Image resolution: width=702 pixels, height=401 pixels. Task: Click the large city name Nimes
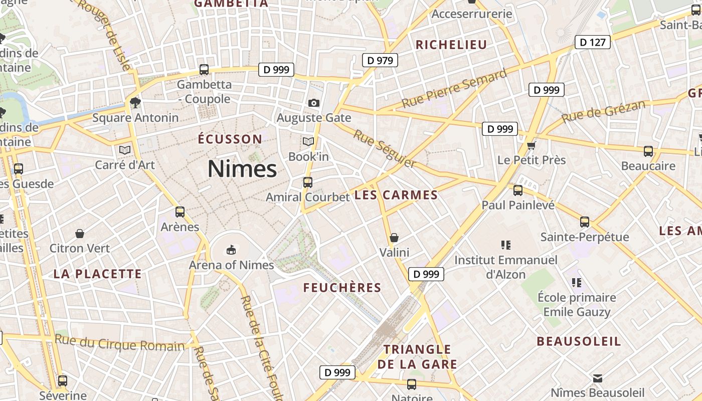tap(242, 169)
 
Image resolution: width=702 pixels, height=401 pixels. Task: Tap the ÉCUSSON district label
tap(230, 139)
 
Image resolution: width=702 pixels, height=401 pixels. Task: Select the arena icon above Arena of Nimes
tap(231, 249)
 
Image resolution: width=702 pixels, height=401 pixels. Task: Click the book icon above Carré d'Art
tap(125, 149)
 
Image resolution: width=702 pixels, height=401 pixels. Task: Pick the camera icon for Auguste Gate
tap(314, 103)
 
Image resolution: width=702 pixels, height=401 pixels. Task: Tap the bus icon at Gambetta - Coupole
tap(204, 70)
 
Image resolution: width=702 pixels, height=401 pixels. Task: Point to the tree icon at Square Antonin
tap(135, 103)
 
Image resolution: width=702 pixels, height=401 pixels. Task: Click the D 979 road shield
tap(380, 61)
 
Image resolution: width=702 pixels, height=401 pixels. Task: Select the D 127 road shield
tap(592, 42)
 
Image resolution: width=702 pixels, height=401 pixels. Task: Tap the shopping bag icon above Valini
tap(394, 237)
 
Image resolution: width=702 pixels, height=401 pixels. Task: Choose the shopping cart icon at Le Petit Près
tap(532, 145)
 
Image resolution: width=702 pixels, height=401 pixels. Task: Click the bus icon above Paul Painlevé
tap(518, 190)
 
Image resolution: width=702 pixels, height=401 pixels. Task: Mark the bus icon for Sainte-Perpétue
tap(585, 222)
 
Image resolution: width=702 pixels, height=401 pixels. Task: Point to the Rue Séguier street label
tap(385, 148)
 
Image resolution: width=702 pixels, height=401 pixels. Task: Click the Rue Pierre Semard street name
tap(454, 89)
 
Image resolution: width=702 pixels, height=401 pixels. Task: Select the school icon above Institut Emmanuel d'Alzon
tap(505, 245)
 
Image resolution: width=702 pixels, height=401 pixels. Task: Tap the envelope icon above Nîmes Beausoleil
tap(598, 378)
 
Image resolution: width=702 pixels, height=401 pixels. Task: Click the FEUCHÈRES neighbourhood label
tap(342, 287)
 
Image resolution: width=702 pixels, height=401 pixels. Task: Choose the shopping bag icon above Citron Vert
tap(80, 234)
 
